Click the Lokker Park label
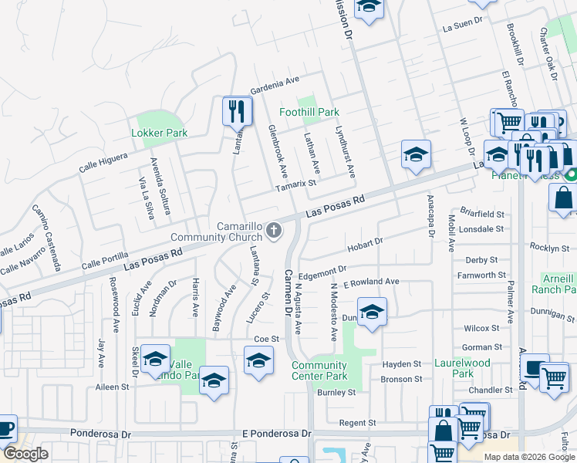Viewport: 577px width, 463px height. click(x=160, y=133)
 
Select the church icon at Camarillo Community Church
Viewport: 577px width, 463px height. click(x=274, y=230)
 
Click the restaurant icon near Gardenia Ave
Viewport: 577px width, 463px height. click(x=238, y=110)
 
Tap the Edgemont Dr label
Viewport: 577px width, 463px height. click(x=322, y=270)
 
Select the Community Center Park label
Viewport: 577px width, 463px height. click(x=319, y=370)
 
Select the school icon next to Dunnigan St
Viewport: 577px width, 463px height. click(x=372, y=313)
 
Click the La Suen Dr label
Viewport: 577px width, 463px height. click(x=462, y=26)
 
